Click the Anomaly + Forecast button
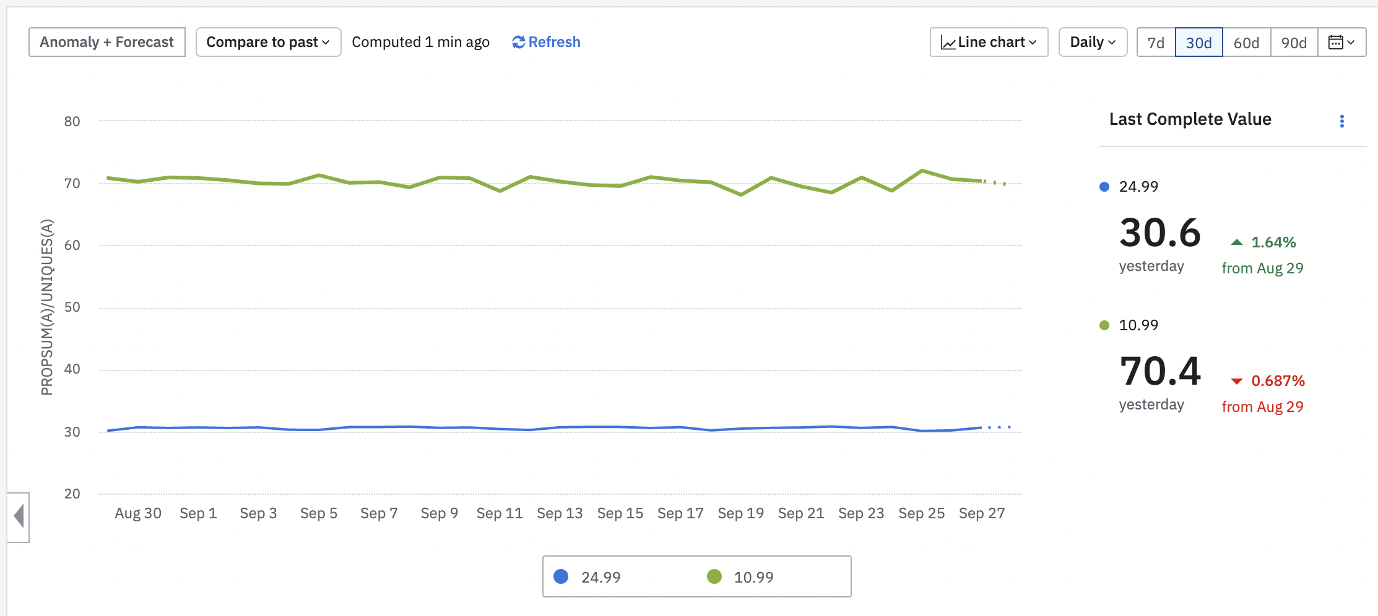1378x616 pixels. point(107,42)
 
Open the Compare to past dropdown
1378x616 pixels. point(268,42)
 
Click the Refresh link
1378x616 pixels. point(546,42)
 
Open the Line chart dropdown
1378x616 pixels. point(989,42)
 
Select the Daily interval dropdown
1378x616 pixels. point(1093,42)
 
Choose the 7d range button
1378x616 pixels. point(1156,43)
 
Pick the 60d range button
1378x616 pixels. point(1246,43)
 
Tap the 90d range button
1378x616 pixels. point(1294,43)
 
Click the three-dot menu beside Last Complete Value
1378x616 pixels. point(1342,121)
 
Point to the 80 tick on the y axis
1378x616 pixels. point(72,121)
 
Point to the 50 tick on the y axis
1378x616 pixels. point(72,307)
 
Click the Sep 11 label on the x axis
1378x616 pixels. point(500,513)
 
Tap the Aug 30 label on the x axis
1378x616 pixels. point(138,513)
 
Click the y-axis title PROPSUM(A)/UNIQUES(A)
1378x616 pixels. point(47,307)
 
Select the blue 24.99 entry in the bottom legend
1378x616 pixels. point(588,577)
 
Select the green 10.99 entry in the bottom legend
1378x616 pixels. point(740,577)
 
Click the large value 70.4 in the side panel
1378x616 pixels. point(1160,371)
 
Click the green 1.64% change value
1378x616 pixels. point(1273,242)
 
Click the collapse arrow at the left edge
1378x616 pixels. point(19,516)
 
